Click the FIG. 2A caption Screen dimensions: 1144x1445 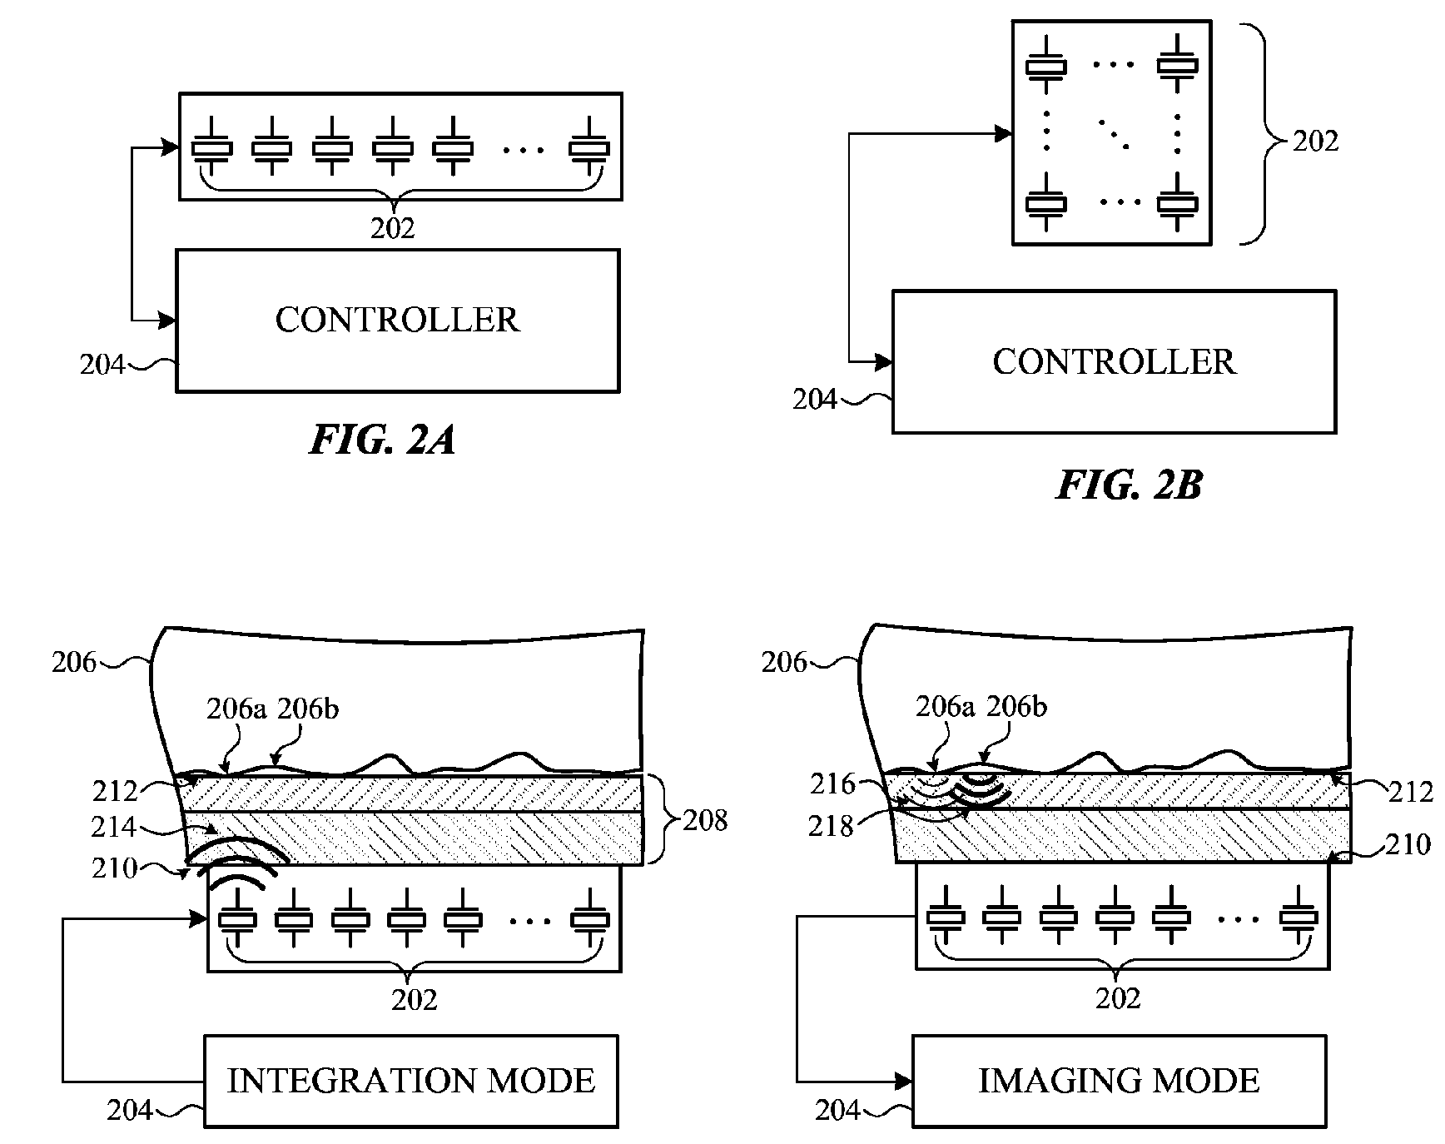pos(382,440)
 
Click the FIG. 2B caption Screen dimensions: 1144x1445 pos(1129,485)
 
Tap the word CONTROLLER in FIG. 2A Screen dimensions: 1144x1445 pos(397,320)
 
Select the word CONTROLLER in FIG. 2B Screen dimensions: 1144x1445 pos(1114,361)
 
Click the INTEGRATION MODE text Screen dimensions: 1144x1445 pos(411,1081)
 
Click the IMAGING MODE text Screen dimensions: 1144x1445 pos(1119,1081)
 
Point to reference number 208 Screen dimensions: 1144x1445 pos(705,821)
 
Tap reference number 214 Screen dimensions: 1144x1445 pos(114,827)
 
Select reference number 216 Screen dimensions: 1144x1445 pos(832,783)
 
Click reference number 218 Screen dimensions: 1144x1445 pos(831,826)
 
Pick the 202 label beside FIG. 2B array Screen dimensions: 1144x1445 pos(1315,142)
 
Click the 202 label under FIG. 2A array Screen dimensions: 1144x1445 pos(392,228)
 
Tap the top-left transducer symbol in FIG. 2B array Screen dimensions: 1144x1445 pos(1045,65)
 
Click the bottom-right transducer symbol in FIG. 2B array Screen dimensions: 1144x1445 pos(1177,202)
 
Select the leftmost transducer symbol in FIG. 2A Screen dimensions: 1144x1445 pos(212,148)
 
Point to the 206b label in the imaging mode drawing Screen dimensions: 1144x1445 pos(1016,707)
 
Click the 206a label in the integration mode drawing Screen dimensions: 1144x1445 pos(236,709)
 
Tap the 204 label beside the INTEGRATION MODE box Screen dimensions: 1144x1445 pos(130,1110)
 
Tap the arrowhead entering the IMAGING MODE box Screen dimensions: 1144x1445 pos(905,1081)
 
